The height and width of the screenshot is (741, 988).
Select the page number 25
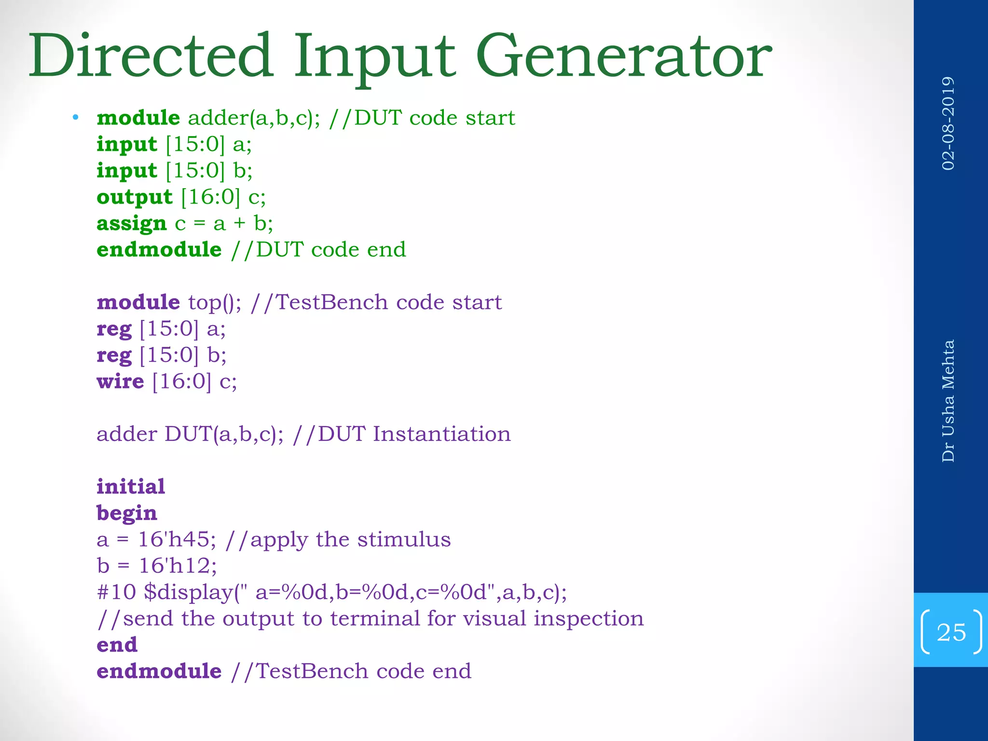pyautogui.click(x=951, y=632)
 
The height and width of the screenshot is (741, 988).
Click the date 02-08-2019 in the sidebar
pyautogui.click(x=948, y=123)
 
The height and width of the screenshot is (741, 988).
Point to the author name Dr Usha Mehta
pyautogui.click(x=948, y=400)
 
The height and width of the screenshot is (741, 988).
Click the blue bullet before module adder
pyautogui.click(x=75, y=117)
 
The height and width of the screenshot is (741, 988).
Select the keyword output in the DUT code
pyautogui.click(x=134, y=197)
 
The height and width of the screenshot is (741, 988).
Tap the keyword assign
pyautogui.click(x=131, y=223)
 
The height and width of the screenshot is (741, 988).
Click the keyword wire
pyautogui.click(x=120, y=382)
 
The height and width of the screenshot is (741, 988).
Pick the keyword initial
pyautogui.click(x=131, y=486)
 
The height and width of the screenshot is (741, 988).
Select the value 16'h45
pyautogui.click(x=176, y=539)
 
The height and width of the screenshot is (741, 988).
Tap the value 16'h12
pyautogui.click(x=177, y=566)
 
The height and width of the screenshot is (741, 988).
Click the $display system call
pyautogui.click(x=188, y=592)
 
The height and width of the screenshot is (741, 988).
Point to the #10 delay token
pyautogui.click(x=116, y=592)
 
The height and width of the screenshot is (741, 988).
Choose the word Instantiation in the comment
pyautogui.click(x=441, y=434)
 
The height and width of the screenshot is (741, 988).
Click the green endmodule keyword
pyautogui.click(x=159, y=249)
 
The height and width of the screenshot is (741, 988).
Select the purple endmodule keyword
pyautogui.click(x=159, y=671)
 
